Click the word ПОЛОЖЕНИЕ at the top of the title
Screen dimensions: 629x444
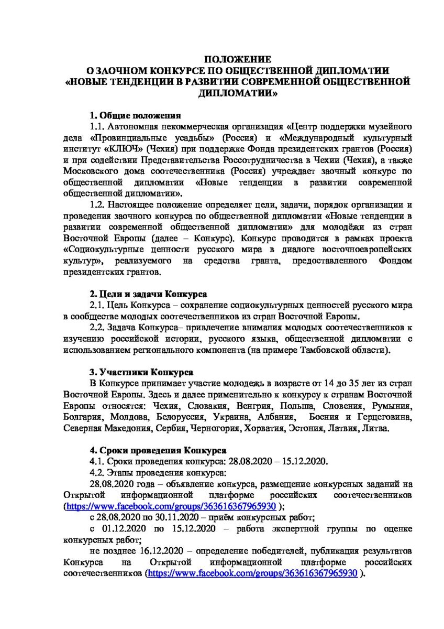pos(237,59)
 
